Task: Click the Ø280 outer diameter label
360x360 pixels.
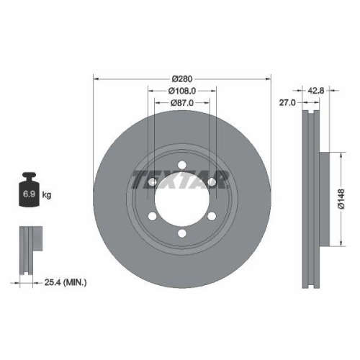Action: tap(181, 78)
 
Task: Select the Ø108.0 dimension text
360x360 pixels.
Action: tap(181, 91)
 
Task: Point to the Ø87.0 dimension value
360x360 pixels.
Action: tap(181, 104)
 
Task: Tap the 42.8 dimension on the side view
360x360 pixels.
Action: tap(318, 91)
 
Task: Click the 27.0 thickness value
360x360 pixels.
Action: tap(288, 104)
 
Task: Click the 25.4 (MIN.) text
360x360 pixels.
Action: tap(65, 284)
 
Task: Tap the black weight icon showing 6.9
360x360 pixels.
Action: tap(30, 189)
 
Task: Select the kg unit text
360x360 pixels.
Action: tap(47, 195)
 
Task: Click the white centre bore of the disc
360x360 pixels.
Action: tap(180, 197)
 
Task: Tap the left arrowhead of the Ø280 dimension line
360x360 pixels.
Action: tap(96, 78)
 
